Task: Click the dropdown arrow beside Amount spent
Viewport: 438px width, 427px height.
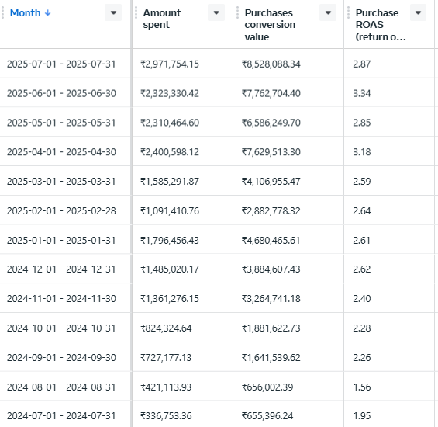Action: click(x=216, y=12)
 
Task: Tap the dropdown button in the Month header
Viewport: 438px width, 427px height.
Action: click(x=113, y=12)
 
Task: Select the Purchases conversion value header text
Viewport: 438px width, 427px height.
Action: click(x=270, y=25)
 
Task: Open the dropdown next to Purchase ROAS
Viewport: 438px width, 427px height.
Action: click(x=418, y=12)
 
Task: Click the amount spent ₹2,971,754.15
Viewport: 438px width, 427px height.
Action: click(x=170, y=64)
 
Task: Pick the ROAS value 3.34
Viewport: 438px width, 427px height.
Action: click(x=362, y=93)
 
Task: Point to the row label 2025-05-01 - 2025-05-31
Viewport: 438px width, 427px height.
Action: click(x=61, y=123)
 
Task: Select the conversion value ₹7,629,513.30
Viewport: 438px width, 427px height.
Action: click(x=271, y=152)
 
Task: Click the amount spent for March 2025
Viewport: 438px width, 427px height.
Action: click(x=170, y=182)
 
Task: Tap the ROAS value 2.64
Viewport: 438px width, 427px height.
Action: click(x=362, y=211)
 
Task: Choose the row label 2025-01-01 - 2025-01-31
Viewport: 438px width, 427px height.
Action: click(x=61, y=241)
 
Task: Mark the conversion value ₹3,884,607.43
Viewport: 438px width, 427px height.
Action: click(x=271, y=269)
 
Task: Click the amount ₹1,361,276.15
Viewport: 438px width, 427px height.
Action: click(x=170, y=299)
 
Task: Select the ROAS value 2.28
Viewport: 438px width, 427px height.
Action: click(x=362, y=328)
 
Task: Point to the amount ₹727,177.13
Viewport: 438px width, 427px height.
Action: click(x=166, y=358)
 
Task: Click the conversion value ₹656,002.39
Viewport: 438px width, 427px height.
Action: click(x=267, y=387)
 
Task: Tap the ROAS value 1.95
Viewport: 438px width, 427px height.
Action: click(x=362, y=416)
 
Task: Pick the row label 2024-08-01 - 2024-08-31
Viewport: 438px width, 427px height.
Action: click(x=61, y=387)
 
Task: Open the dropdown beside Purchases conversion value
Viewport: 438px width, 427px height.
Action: click(x=328, y=12)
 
